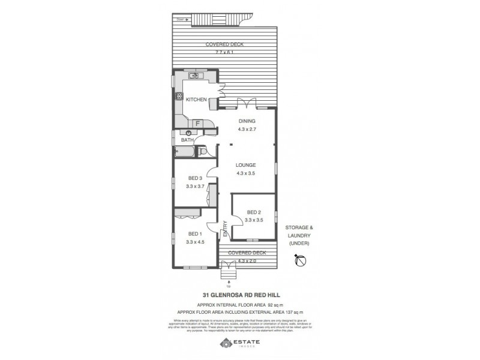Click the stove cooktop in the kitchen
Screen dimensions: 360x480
point(179,96)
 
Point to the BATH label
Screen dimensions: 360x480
point(187,140)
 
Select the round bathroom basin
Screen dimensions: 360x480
point(190,133)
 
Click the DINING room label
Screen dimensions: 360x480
point(247,121)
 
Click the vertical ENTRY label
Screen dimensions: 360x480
point(225,229)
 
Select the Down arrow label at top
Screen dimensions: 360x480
point(182,20)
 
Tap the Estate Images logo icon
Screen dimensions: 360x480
point(225,343)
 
